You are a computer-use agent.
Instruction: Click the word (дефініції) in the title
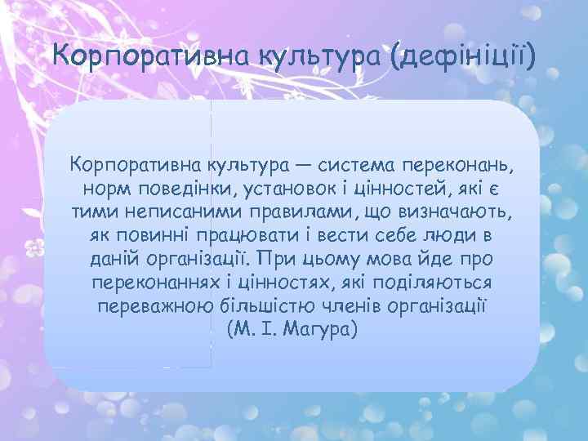[x=463, y=57]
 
